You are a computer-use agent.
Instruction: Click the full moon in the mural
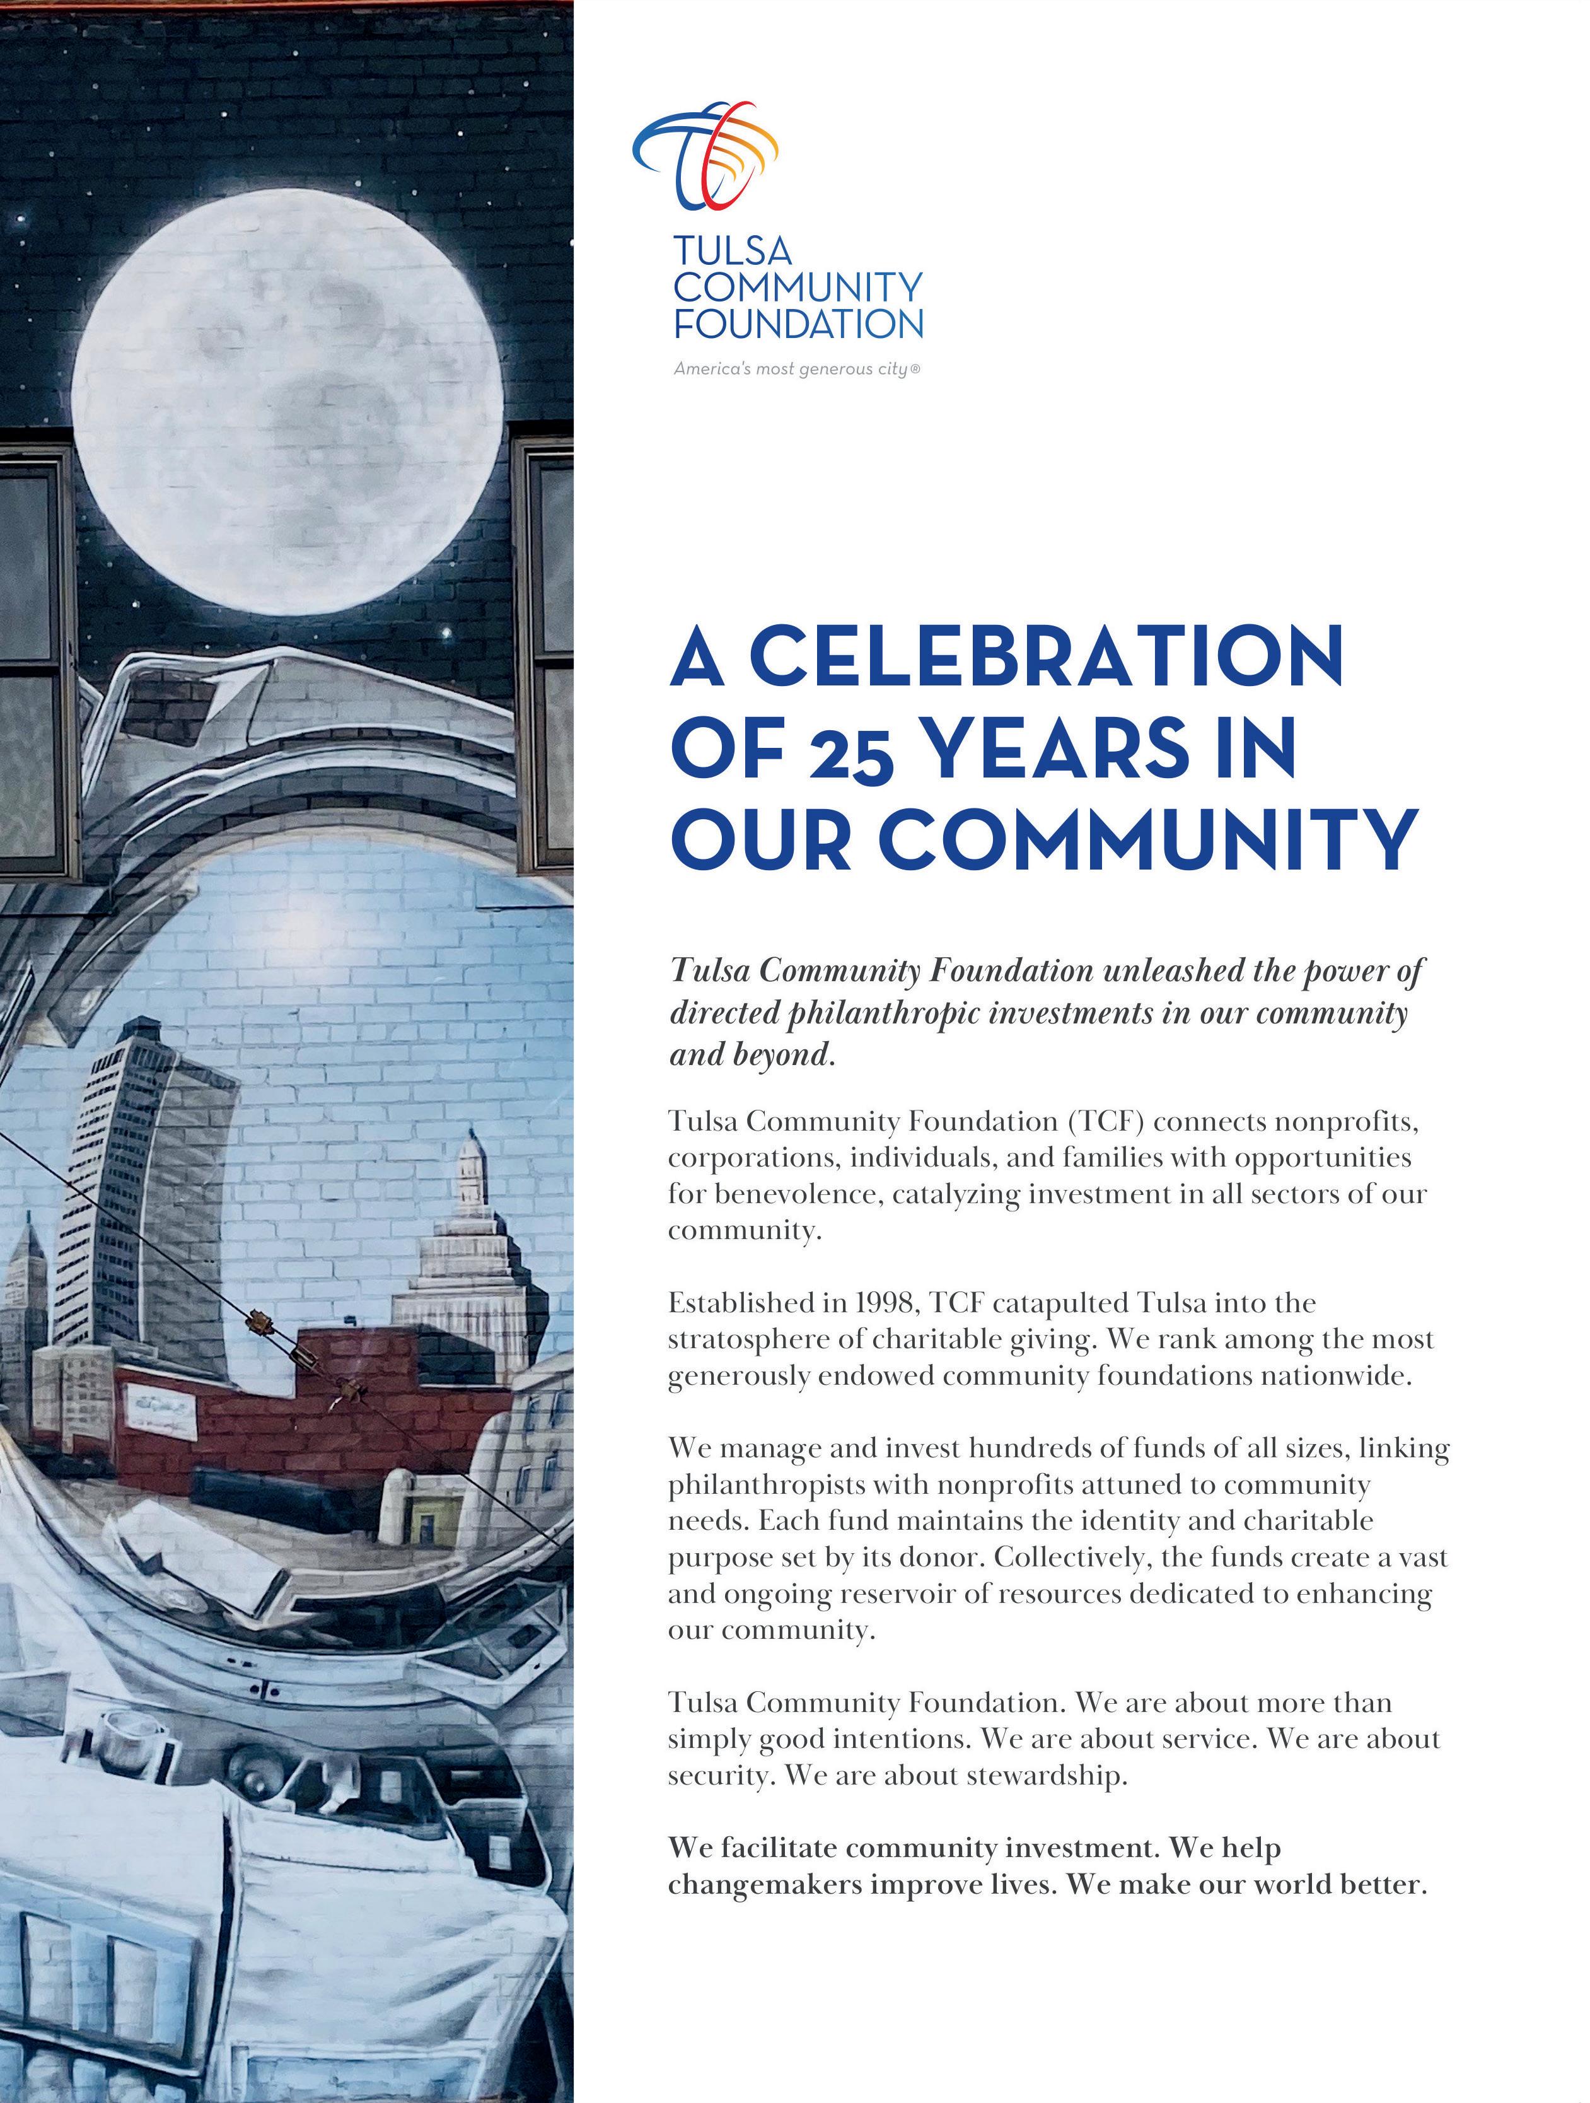[287, 401]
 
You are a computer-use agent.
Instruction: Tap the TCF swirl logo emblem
[705, 154]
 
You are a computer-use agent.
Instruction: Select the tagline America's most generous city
[796, 369]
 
